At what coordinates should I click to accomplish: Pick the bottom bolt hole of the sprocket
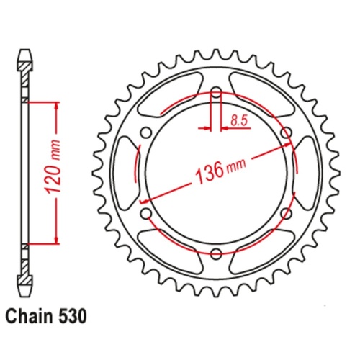(215, 256)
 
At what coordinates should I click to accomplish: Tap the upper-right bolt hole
(287, 132)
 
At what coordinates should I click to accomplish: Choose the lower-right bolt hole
(287, 215)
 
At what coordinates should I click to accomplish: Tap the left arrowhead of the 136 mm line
(143, 199)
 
